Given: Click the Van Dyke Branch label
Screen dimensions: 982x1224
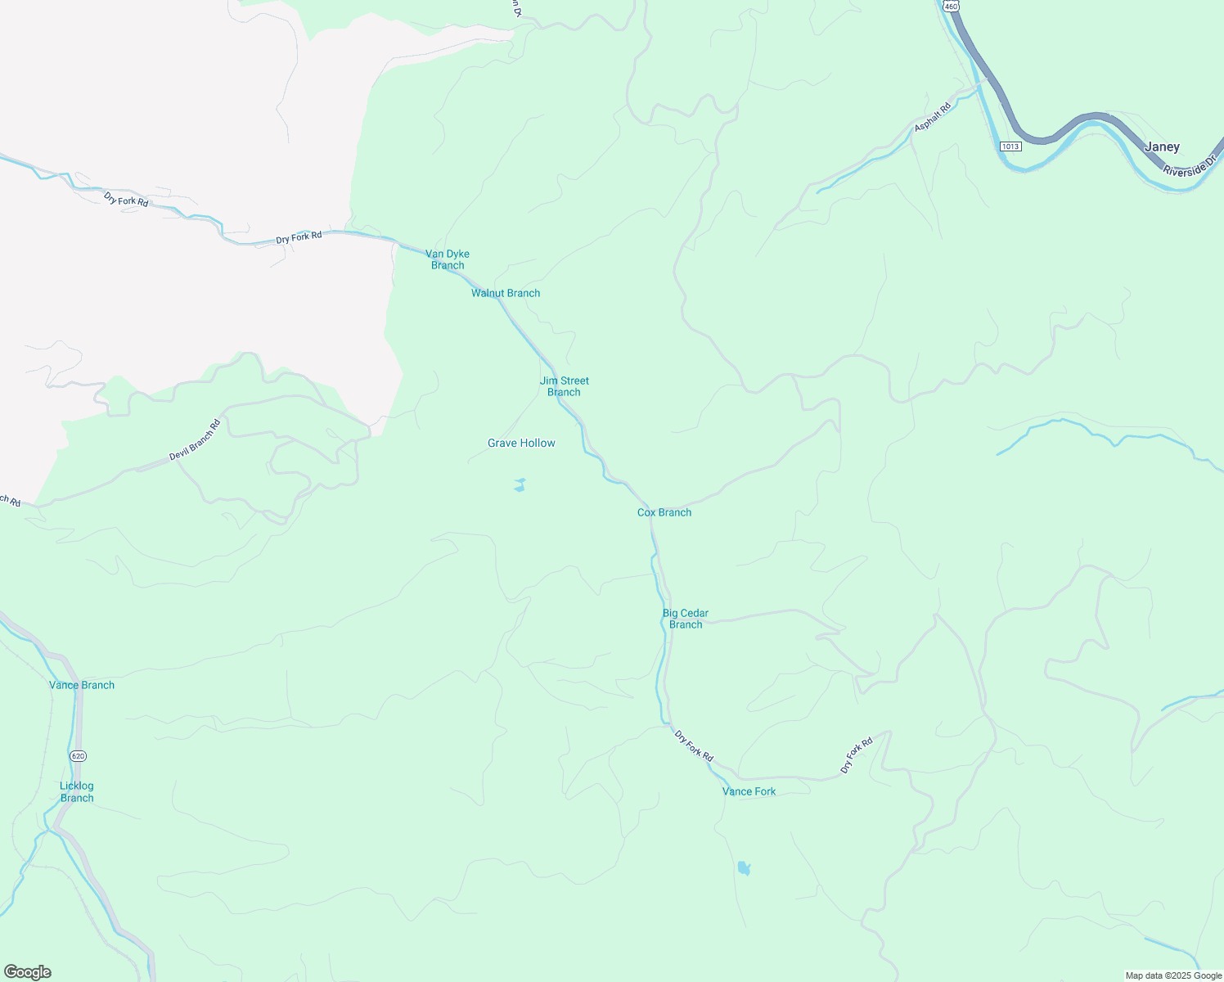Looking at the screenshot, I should (x=448, y=259).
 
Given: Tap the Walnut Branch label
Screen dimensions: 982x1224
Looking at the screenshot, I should (x=506, y=293).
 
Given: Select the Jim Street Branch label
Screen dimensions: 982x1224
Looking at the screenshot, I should (x=564, y=386).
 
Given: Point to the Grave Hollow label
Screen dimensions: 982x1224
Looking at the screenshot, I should (x=521, y=443).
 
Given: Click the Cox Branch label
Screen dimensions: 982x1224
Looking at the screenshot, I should (x=664, y=512).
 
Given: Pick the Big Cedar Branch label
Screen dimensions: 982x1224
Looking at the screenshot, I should (x=686, y=619).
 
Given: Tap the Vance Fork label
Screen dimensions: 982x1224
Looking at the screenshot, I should (x=749, y=791).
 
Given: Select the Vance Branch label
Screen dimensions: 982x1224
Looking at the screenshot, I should (x=82, y=685).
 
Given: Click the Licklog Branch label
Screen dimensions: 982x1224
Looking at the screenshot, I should (x=77, y=791).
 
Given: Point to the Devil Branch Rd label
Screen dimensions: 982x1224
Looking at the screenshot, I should (x=195, y=440).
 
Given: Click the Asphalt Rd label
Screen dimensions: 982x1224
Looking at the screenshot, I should (x=933, y=117).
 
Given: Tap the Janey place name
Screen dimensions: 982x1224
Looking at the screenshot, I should (x=1162, y=146).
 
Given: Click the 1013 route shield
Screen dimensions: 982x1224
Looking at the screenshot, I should (x=1010, y=146).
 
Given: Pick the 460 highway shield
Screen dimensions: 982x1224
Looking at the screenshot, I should (x=950, y=6).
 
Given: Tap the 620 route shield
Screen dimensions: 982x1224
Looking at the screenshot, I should (x=78, y=755).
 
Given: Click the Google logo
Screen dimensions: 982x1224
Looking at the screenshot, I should (x=28, y=972).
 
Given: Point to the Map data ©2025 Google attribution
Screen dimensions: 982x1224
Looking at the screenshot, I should (x=1173, y=975).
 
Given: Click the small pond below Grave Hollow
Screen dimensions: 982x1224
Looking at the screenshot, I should (x=519, y=485).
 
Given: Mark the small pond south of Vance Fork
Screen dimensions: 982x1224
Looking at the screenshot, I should (x=744, y=868).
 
